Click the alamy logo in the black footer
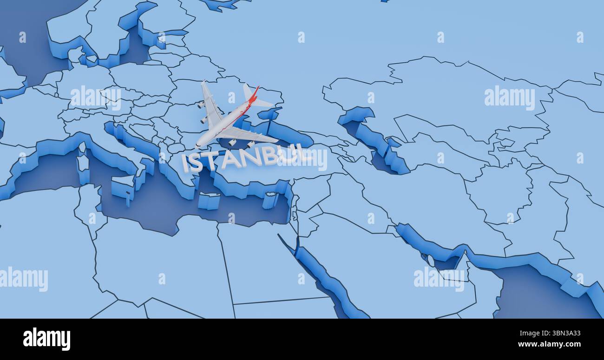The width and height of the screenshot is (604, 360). click(46, 339)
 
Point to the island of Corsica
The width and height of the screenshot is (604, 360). click(82, 148)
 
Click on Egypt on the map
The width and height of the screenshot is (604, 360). click(260, 260)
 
